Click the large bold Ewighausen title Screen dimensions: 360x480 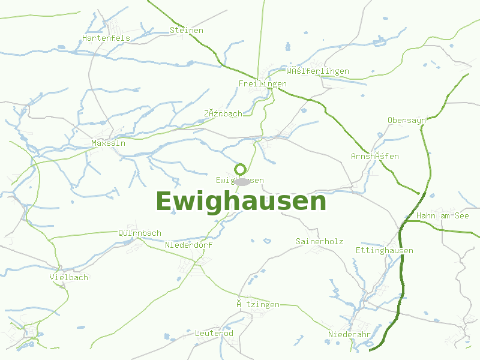(241, 202)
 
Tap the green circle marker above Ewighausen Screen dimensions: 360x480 (240, 169)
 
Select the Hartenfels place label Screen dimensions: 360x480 (106, 38)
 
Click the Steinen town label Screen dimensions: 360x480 (187, 30)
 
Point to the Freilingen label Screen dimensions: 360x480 (262, 83)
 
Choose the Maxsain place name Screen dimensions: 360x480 (109, 143)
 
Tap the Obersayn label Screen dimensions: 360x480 (407, 120)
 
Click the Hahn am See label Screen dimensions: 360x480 (443, 215)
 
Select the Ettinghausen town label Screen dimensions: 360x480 (385, 250)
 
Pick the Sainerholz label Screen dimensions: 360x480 (320, 241)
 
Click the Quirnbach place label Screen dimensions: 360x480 (140, 233)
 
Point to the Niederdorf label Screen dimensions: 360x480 (188, 245)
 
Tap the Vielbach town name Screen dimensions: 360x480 (69, 277)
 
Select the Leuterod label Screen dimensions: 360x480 (214, 333)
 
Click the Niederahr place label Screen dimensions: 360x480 (349, 334)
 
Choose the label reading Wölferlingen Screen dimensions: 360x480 (317, 71)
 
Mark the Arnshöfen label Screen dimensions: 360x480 (375, 156)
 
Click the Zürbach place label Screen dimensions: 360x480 (223, 113)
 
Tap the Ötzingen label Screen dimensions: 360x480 (258, 304)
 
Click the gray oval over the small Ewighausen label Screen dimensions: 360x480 (241, 181)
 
